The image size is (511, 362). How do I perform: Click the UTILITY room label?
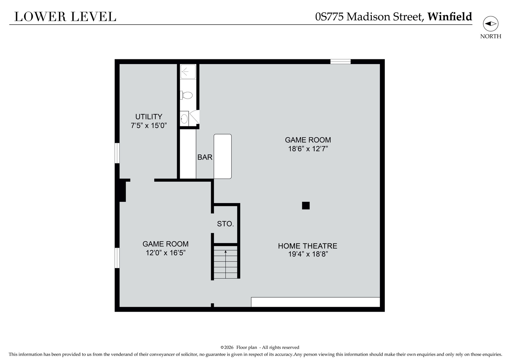(149, 117)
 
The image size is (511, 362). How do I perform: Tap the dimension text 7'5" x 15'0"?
(149, 126)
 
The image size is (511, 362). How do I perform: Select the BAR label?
(205, 157)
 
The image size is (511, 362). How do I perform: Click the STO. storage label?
(225, 224)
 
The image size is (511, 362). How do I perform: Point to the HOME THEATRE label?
(308, 246)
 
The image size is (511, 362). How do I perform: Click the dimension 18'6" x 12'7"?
(308, 149)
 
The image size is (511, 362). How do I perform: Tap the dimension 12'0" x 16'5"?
(166, 253)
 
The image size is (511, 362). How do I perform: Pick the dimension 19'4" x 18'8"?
(308, 254)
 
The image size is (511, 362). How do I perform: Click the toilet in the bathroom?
(186, 95)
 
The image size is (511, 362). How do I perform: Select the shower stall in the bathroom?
(188, 72)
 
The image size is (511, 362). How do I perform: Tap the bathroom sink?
(184, 118)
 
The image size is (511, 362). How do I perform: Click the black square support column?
(306, 205)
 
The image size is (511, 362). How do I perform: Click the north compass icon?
(491, 24)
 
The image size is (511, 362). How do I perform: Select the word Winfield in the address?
(450, 16)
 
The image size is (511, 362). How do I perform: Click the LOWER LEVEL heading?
(65, 17)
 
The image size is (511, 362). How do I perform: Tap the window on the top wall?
(340, 61)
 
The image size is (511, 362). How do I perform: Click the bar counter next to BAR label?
(223, 157)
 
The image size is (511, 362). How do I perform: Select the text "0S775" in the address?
(329, 17)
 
